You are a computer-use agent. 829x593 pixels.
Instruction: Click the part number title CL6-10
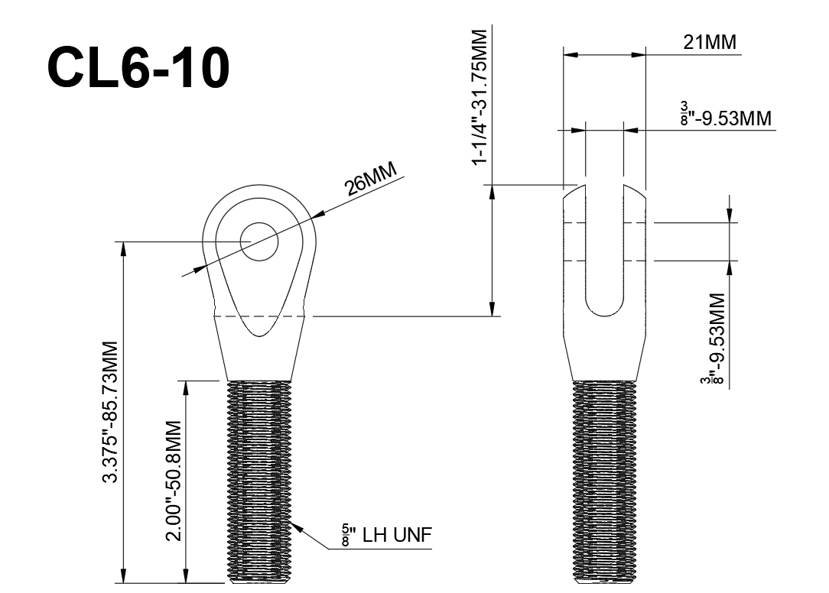pyautogui.click(x=138, y=68)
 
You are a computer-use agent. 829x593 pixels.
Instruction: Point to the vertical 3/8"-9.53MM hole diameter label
pyautogui.click(x=717, y=339)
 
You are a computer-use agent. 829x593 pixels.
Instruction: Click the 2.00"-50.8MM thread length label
pyautogui.click(x=174, y=480)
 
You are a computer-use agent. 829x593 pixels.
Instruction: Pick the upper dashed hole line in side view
pyautogui.click(x=604, y=222)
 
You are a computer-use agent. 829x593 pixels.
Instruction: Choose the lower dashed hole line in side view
pyautogui.click(x=604, y=261)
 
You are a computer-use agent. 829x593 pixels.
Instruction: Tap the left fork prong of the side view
pyautogui.click(x=574, y=252)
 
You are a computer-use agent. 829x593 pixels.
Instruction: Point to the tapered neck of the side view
pyautogui.click(x=604, y=355)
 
